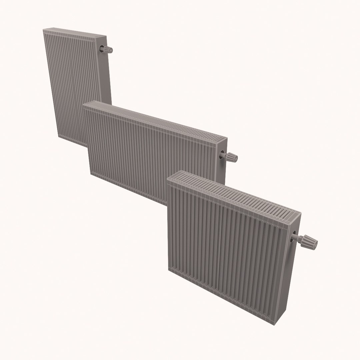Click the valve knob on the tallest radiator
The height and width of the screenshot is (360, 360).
point(108,50)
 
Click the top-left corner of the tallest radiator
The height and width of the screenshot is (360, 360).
point(44,30)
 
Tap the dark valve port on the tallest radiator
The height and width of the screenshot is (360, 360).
point(101,49)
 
